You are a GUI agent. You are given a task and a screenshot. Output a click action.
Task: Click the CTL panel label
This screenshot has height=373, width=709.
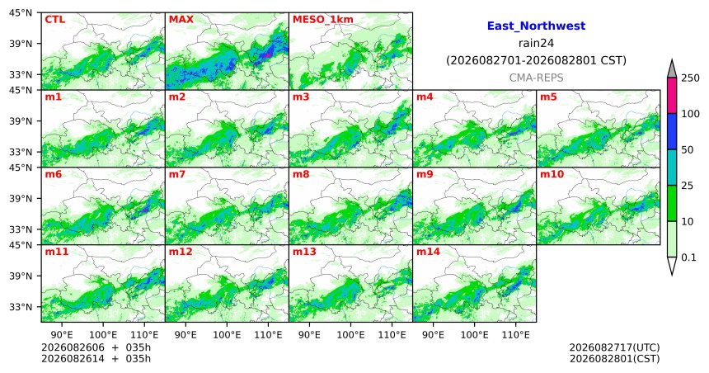[x=54, y=20]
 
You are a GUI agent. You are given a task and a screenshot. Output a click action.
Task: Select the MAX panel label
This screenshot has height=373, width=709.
[x=181, y=20]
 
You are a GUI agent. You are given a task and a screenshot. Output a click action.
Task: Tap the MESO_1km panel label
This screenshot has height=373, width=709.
[x=323, y=20]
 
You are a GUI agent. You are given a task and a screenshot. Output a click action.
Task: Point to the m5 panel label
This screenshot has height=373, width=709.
[x=549, y=97]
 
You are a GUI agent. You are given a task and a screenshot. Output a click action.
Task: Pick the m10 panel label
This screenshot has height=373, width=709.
[x=552, y=174]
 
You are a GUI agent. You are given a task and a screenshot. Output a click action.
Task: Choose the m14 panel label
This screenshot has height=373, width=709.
[x=428, y=252]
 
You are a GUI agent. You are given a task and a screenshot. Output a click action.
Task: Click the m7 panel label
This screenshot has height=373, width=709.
[x=178, y=174]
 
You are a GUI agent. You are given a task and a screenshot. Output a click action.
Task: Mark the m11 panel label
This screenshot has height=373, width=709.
[x=57, y=252]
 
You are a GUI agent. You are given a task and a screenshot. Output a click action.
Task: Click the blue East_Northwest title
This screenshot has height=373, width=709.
[x=536, y=26]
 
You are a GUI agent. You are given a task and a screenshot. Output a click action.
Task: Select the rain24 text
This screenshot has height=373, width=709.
[x=536, y=43]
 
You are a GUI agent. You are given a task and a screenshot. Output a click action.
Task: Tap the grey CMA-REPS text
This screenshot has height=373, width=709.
[x=536, y=78]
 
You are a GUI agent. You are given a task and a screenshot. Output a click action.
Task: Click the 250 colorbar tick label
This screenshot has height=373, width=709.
[x=691, y=78]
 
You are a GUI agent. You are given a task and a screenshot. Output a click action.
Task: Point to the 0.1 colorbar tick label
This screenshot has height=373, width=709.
[x=688, y=257]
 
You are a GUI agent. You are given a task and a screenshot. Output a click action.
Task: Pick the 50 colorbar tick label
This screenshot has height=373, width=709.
[x=688, y=150]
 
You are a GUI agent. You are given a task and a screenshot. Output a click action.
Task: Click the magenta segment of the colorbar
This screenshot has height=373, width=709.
[x=671, y=96]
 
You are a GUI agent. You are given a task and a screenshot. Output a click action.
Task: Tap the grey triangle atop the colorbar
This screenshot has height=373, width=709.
[x=671, y=69]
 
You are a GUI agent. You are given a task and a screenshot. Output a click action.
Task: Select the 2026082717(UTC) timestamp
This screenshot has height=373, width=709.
[x=614, y=347]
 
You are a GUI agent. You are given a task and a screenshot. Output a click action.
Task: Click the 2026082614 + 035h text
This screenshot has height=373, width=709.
[x=96, y=359]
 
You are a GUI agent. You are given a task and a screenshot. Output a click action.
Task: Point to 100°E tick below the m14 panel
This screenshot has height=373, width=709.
[x=474, y=335]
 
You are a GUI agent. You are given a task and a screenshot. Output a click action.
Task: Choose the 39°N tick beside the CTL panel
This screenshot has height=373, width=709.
[x=21, y=44]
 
